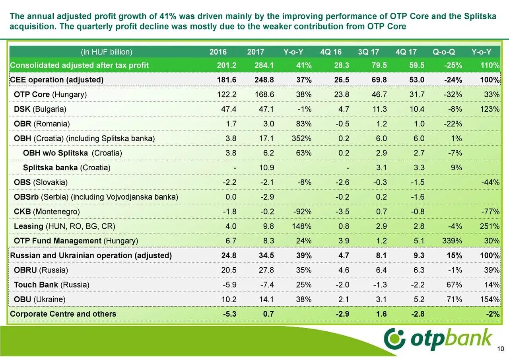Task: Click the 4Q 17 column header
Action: point(406,52)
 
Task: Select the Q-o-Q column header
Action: point(444,52)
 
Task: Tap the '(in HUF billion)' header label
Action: point(106,52)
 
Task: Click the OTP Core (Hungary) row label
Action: point(50,95)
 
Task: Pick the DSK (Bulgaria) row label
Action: point(40,109)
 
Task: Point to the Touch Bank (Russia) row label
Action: point(52,285)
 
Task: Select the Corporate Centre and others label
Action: point(63,314)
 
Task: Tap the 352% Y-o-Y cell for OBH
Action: point(302,138)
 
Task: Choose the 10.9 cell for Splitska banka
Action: point(266,167)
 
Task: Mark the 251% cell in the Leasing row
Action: point(490,226)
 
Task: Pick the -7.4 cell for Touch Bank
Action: point(266,285)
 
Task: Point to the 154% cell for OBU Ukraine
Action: point(490,300)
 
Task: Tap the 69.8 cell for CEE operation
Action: point(379,80)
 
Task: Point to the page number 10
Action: point(501,349)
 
